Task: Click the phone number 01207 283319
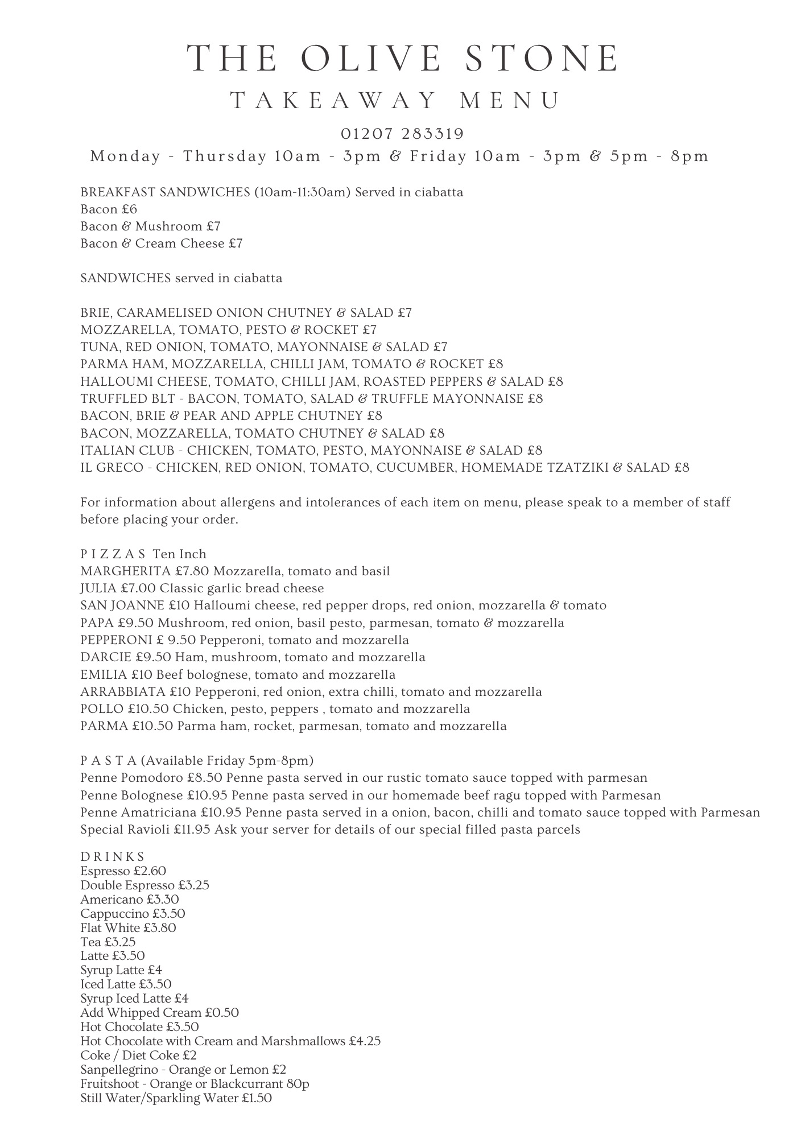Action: [x=402, y=134]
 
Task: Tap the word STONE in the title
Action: [x=543, y=58]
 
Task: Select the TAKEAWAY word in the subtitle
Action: [x=333, y=101]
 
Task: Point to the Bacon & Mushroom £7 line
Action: [x=150, y=226]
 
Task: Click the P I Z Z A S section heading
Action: [x=113, y=554]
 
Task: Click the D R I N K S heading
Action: [x=112, y=857]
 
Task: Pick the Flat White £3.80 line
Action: [x=128, y=928]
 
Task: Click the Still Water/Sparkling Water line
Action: [x=176, y=1098]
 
